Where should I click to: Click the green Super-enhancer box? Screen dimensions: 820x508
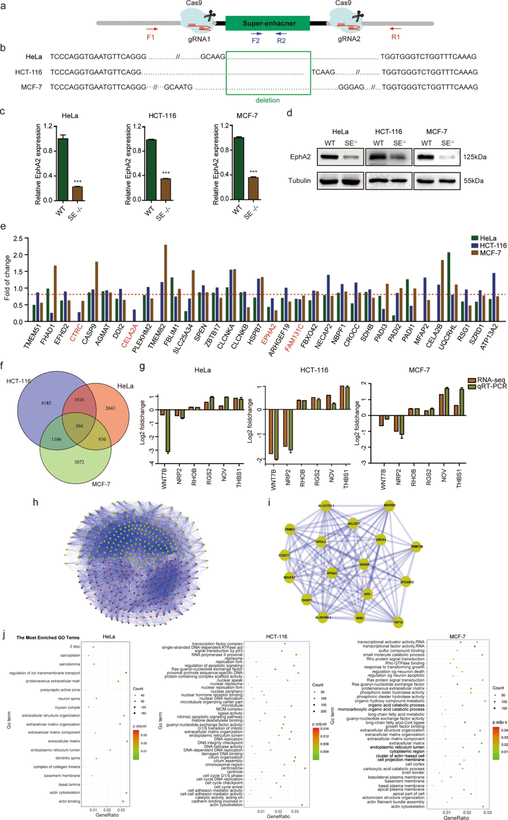click(268, 23)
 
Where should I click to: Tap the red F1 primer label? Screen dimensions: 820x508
click(151, 38)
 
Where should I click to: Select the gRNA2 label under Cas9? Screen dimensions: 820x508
click(349, 39)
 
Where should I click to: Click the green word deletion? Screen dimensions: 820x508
click(268, 100)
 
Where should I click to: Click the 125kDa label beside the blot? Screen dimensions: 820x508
click(475, 157)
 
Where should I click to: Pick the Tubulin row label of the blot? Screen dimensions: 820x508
click(300, 181)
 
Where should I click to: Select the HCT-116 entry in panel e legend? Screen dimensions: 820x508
click(493, 245)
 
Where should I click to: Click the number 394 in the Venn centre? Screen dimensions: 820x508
click(79, 426)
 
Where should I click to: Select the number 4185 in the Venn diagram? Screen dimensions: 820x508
click(46, 403)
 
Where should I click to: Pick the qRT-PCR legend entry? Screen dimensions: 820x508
click(492, 386)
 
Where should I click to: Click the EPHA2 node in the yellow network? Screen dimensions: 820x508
click(332, 573)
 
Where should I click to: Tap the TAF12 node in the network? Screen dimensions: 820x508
click(398, 622)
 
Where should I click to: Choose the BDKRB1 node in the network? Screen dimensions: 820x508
click(389, 505)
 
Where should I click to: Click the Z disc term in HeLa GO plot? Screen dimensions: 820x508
click(75, 647)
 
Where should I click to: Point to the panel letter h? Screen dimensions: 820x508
click(35, 502)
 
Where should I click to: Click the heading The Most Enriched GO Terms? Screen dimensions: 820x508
click(48, 638)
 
